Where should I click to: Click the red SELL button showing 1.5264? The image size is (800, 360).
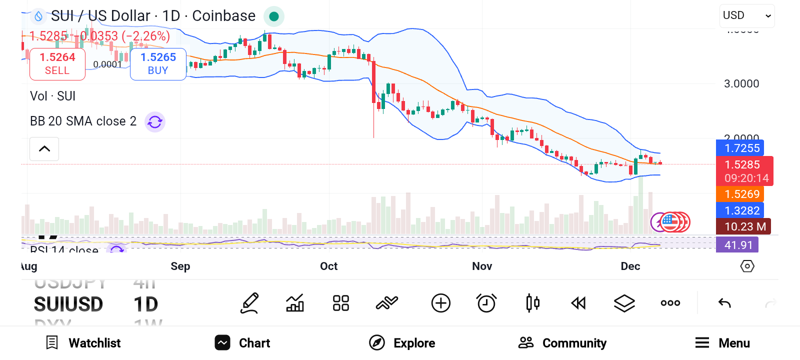57,64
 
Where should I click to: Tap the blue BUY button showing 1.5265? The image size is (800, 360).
158,64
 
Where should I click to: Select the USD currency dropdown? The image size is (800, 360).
747,16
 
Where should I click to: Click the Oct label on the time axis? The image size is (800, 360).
328,266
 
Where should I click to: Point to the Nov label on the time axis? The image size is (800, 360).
482,266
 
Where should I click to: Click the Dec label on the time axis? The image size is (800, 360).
630,266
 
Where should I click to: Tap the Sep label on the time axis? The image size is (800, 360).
180,266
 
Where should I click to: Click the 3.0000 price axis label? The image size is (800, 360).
741,84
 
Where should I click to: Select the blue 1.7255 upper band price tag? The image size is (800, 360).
741,148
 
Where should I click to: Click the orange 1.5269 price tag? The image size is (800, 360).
741,194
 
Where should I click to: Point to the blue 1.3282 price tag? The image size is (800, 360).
741,210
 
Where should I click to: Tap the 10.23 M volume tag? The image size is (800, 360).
744,226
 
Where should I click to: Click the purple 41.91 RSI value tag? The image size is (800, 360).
738,245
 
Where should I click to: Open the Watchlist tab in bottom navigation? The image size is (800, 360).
83,343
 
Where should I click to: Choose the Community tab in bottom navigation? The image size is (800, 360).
562,343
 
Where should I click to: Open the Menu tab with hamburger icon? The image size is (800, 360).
722,343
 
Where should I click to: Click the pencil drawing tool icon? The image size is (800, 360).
249,303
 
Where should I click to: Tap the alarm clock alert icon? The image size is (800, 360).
486,303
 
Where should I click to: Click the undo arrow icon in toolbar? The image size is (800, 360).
724,303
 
